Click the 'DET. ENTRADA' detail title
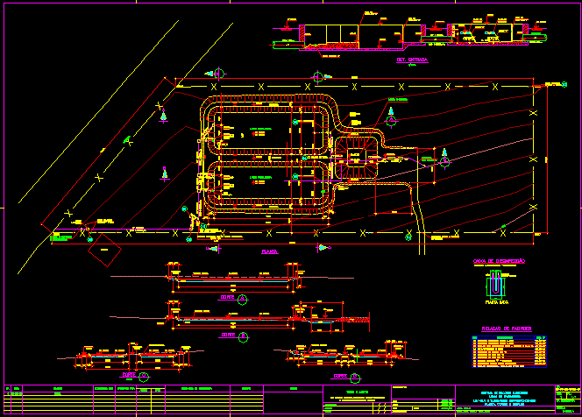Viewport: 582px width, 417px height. pyautogui.click(x=412, y=60)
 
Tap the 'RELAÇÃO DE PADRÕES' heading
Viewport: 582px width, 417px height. pyautogui.click(x=500, y=329)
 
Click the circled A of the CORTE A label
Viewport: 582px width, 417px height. pyautogui.click(x=243, y=299)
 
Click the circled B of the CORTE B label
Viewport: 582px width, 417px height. pyautogui.click(x=242, y=335)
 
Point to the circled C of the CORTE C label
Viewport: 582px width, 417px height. pyautogui.click(x=144, y=375)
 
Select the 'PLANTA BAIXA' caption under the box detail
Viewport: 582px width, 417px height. pyautogui.click(x=498, y=301)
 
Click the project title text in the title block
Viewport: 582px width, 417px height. pyautogui.click(x=503, y=399)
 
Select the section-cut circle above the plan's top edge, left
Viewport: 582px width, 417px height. pyautogui.click(x=219, y=74)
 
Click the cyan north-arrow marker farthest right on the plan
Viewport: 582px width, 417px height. pyautogui.click(x=444, y=158)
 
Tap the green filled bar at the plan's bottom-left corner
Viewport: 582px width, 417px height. pyautogui.click(x=62, y=237)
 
